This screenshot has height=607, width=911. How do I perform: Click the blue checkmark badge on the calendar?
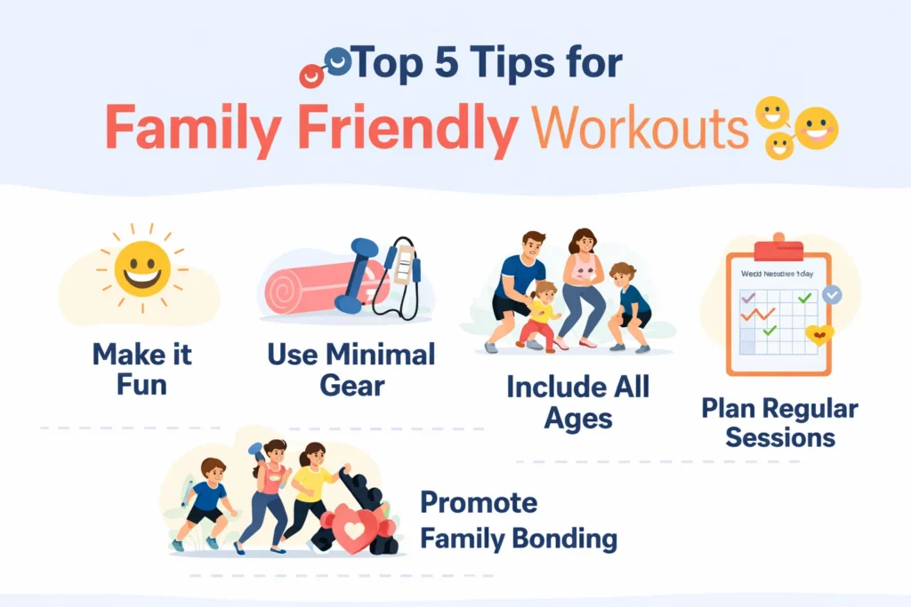(832, 294)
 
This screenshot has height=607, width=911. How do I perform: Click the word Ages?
(578, 418)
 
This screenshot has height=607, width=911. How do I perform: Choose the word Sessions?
(779, 438)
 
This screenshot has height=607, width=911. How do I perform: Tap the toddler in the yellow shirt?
(542, 315)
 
